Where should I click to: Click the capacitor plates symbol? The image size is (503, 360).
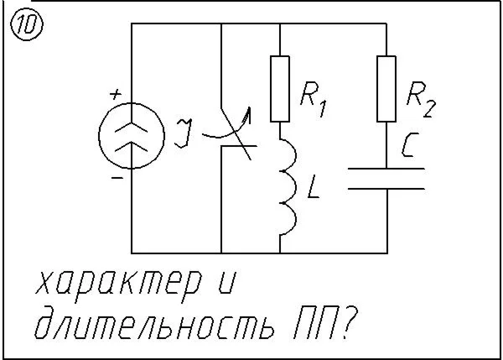[x=386, y=178]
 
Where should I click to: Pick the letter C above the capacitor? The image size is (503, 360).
[x=411, y=148]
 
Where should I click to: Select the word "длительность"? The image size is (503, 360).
[x=150, y=326]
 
